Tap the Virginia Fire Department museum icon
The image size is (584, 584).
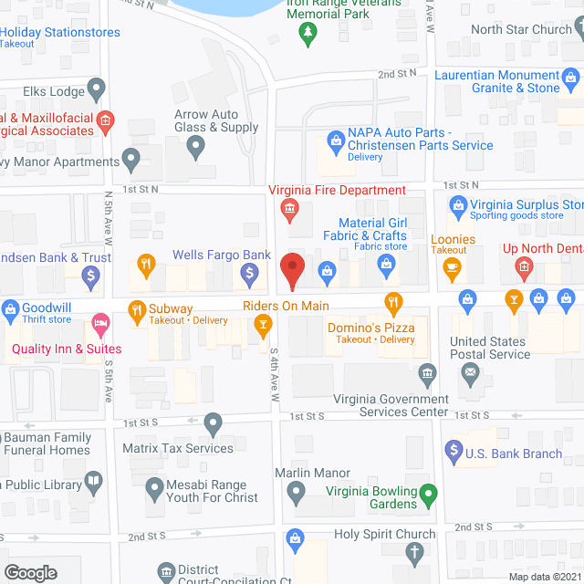(x=289, y=211)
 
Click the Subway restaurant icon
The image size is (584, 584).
(x=137, y=310)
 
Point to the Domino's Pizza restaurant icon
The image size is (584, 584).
(x=393, y=301)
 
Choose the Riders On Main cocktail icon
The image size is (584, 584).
(x=263, y=323)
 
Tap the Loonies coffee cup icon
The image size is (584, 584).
(x=451, y=266)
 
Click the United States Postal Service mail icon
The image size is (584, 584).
(x=470, y=371)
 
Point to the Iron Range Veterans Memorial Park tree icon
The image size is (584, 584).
(x=308, y=34)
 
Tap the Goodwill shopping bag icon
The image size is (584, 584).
(x=11, y=310)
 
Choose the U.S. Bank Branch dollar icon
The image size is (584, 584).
(x=453, y=449)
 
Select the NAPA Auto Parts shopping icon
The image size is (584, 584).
(x=335, y=143)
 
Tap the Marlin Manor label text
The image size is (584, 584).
(x=312, y=474)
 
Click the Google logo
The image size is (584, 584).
(x=29, y=572)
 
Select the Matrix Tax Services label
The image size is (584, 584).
(x=178, y=448)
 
